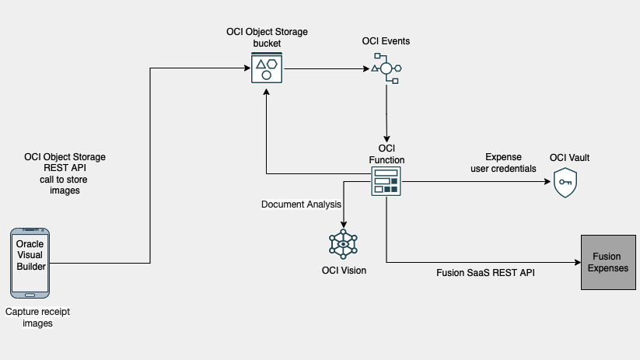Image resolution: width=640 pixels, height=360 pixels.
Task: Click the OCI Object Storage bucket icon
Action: pos(267,68)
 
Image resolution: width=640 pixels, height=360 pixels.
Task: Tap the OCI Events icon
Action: pos(386,68)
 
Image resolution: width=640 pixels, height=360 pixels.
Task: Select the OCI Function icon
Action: pos(386,181)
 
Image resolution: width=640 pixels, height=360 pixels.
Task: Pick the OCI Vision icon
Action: pos(343,243)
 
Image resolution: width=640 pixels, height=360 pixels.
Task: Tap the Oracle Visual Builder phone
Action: pos(30,263)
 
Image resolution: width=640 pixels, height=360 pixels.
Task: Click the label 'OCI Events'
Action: pos(386,40)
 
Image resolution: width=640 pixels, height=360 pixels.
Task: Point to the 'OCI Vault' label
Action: pos(569,158)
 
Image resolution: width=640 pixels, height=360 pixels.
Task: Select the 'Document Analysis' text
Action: pos(301,204)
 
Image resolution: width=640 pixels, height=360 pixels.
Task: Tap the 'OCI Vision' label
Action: pos(344,271)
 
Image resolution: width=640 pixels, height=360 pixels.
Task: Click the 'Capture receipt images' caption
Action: pos(32,317)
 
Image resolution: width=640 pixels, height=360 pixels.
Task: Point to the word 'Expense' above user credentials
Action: pos(503,156)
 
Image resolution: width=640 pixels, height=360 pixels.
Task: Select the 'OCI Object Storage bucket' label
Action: pos(267,37)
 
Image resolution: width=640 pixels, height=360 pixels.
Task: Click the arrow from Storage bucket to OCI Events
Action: pos(327,68)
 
